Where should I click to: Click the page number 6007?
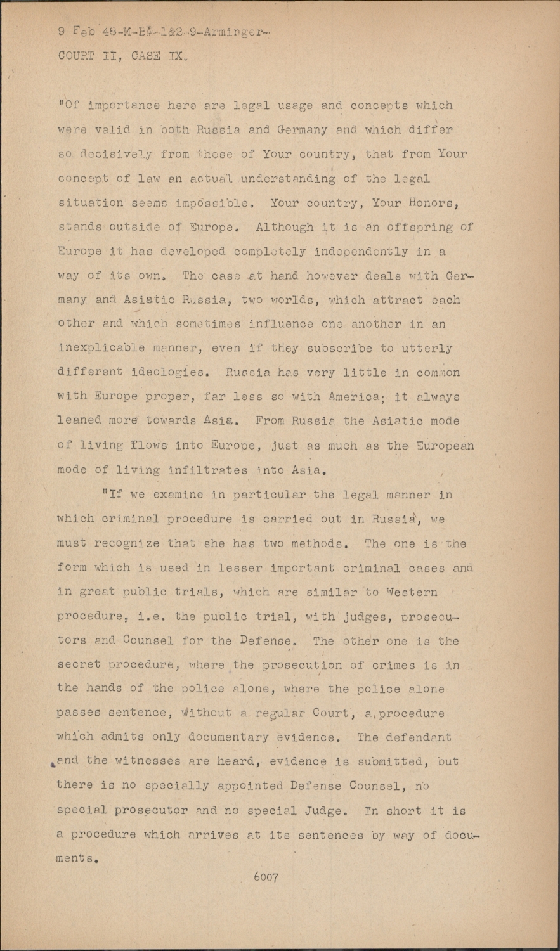tap(266, 877)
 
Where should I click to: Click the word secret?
tap(80, 665)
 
